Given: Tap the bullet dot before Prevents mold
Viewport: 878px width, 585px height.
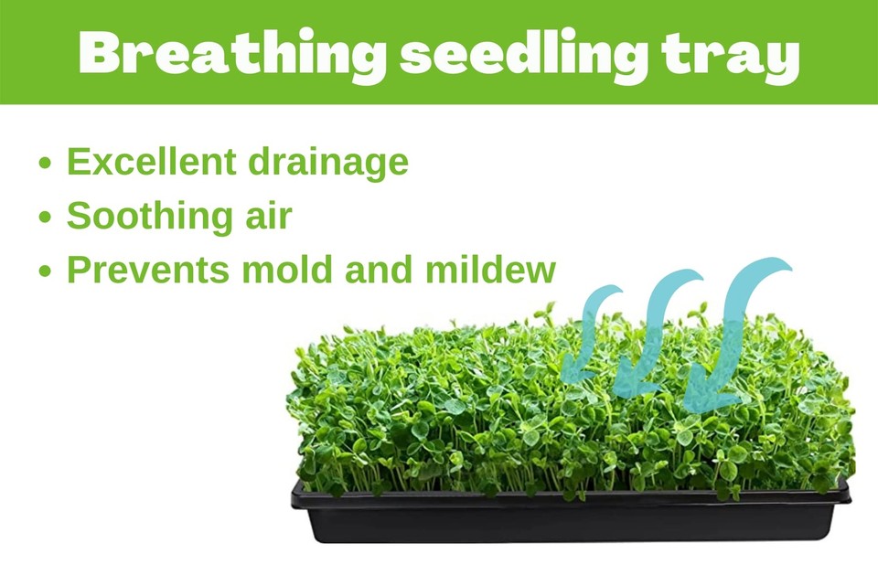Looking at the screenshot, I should point(47,273).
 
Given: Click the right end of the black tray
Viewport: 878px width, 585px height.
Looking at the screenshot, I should point(837,498).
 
